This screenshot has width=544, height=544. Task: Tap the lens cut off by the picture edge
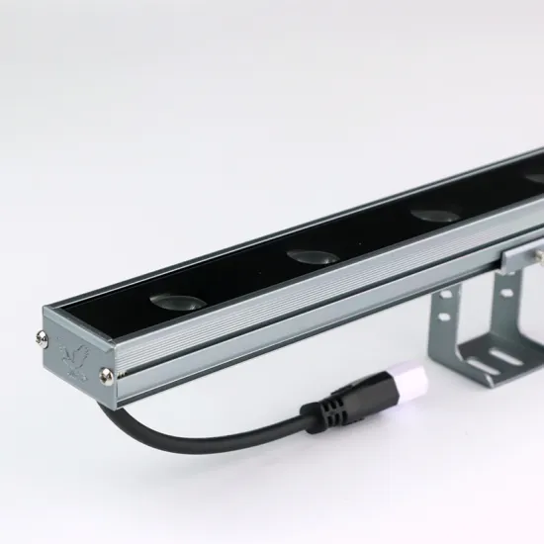534,179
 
